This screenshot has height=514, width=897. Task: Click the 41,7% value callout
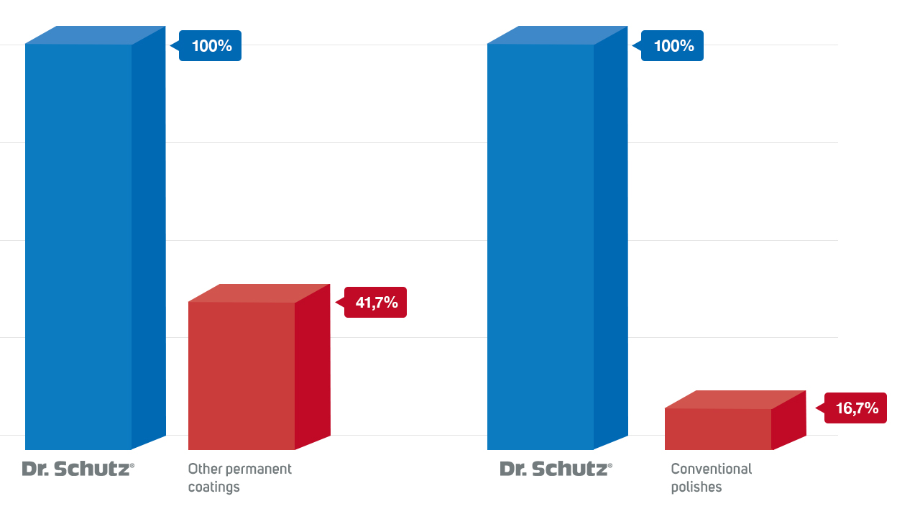point(376,303)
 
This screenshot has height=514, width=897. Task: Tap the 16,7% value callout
point(856,408)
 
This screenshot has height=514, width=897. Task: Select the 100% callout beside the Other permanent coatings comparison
point(211,46)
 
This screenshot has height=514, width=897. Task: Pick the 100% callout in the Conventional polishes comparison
point(673,46)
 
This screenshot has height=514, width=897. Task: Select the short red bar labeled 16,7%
point(717,429)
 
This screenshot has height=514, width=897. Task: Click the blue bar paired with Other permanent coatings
point(78,244)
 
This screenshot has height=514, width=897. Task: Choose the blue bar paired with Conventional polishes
point(540,244)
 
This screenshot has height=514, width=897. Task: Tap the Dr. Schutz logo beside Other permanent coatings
point(78,469)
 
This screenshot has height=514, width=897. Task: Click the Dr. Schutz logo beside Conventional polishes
point(556,469)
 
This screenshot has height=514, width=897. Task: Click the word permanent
point(259,469)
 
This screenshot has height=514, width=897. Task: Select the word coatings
point(213,487)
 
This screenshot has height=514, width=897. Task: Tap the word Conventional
point(711,469)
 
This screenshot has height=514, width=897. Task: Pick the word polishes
point(696,487)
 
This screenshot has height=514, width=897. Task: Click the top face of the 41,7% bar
point(259,293)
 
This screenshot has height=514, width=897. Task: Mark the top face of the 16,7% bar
point(735,399)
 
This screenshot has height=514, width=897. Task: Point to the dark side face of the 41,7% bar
point(313,367)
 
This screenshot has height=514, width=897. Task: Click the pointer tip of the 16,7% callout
point(817,408)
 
